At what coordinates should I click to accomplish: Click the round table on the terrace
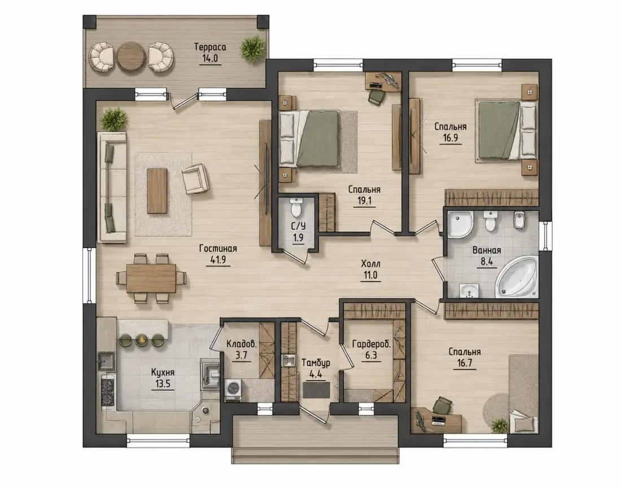(x=131, y=57)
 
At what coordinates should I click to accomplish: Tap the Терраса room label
(x=210, y=47)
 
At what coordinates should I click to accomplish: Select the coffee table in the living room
(x=158, y=191)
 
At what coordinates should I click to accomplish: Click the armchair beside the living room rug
(x=196, y=178)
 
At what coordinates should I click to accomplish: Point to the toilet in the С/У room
(x=296, y=207)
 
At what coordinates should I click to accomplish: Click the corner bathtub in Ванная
(x=517, y=277)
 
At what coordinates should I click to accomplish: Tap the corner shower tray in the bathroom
(x=460, y=224)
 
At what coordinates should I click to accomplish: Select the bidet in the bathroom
(x=519, y=221)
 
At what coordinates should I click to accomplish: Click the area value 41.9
(x=218, y=260)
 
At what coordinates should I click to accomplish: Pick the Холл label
(x=371, y=264)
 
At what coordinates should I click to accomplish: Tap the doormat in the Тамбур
(x=316, y=390)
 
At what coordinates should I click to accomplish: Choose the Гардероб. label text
(x=371, y=344)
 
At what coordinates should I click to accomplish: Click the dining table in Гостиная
(x=151, y=278)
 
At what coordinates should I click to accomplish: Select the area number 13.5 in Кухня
(x=163, y=384)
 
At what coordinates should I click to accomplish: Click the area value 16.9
(x=451, y=138)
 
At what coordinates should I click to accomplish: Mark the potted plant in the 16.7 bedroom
(x=499, y=425)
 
